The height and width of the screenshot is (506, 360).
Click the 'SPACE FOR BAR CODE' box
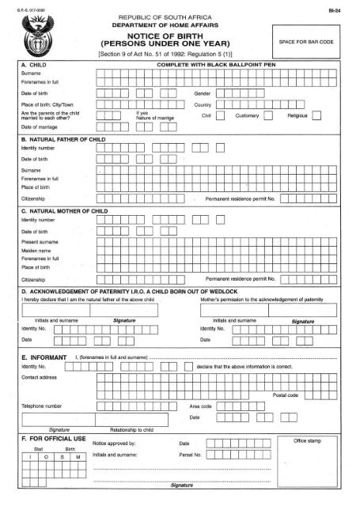pos(313,38)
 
